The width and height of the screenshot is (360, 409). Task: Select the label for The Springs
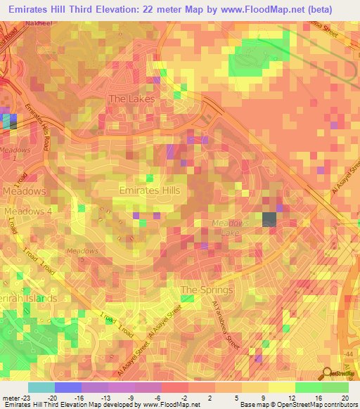(206, 290)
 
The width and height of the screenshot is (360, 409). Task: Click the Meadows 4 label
(28, 211)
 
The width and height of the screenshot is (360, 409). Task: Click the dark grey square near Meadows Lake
(269, 219)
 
